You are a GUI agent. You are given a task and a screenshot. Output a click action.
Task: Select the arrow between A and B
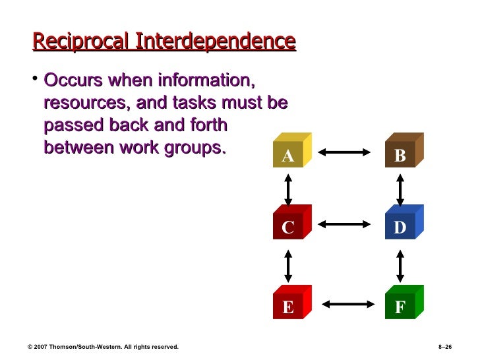pos(344,153)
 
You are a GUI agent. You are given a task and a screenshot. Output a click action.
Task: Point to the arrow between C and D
pos(344,225)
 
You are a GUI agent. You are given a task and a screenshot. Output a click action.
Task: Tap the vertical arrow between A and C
pos(287,189)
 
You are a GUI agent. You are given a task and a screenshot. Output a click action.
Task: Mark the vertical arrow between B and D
pos(400,189)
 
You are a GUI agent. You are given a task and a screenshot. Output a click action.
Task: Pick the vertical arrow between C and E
pos(287,266)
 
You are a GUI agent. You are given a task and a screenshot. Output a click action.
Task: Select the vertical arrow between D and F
pos(400,266)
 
